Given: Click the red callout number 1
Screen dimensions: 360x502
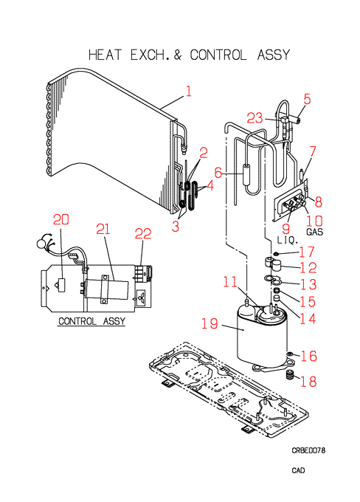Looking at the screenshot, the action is tap(188, 92).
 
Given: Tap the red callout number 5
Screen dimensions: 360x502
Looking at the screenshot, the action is tap(307, 99).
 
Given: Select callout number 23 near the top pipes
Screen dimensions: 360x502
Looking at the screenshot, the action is tap(255, 118).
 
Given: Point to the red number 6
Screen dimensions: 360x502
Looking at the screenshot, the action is tap(218, 173).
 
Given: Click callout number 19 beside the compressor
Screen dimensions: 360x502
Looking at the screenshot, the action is tap(210, 323).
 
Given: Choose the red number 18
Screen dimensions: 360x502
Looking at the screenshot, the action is tap(308, 382).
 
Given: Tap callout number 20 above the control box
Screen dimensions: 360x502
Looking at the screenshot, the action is tap(61, 220).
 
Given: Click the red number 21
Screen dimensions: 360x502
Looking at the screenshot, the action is tap(103, 230).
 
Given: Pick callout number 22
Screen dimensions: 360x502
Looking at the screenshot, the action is tap(142, 234).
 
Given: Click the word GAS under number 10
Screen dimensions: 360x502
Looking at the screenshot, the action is tap(314, 232).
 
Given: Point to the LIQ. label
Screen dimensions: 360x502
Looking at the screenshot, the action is tap(288, 240).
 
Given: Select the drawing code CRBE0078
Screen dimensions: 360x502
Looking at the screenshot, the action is tap(308, 450).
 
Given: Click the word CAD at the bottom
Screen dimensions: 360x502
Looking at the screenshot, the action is tap(298, 470).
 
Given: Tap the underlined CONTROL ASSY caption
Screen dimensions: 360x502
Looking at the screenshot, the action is tap(91, 321).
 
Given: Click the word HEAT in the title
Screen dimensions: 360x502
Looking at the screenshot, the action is tap(105, 55).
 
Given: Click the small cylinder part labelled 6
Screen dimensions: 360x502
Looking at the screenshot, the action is tap(247, 174).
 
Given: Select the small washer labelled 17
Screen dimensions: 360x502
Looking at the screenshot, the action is tap(275, 254).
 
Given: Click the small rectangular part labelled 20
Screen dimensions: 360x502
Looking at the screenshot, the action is tap(61, 285).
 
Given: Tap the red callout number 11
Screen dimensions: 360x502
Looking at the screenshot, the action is tap(230, 282).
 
